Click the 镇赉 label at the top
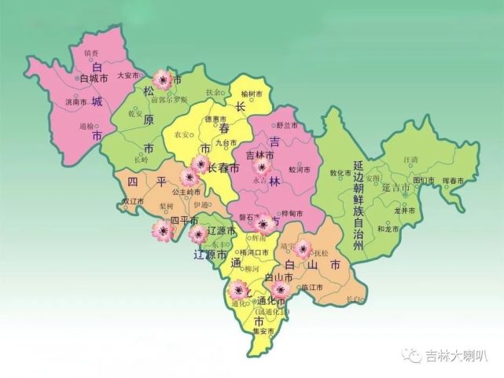coord(91,53)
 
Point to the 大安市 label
coord(127,76)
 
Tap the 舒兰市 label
coord(287,126)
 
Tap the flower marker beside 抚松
coord(303,249)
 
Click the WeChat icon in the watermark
coord(411,355)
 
